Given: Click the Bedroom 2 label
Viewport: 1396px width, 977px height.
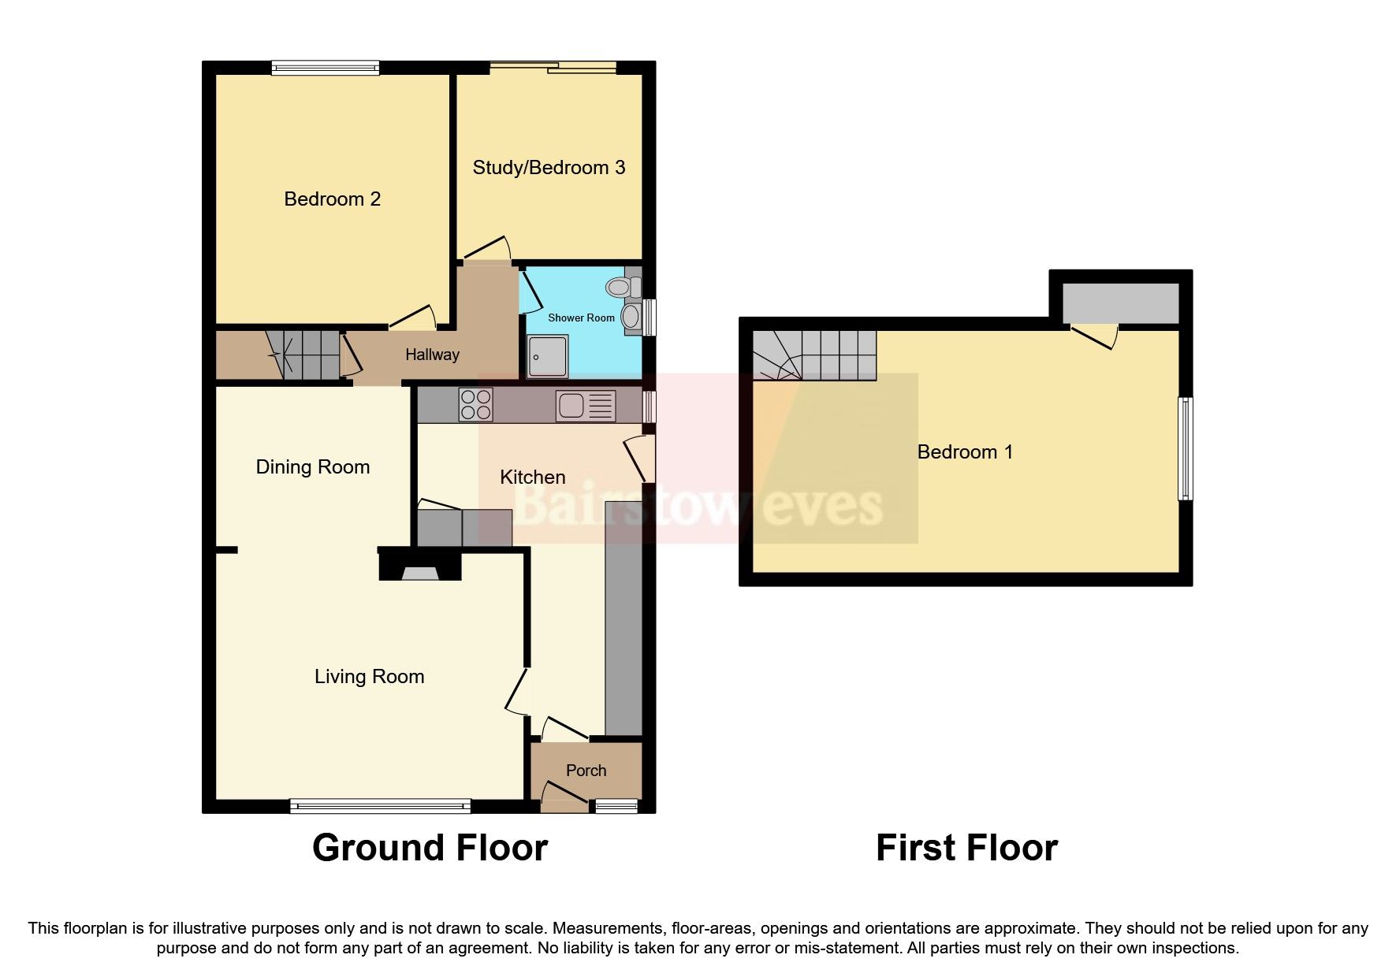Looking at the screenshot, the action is (332, 199).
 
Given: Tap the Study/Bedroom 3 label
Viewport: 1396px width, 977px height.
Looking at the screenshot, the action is (549, 168).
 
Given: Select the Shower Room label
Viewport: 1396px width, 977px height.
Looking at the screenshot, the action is (581, 318).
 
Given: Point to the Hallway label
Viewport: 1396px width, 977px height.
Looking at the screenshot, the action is (432, 355).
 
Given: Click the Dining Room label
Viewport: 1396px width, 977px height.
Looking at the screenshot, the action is (313, 467).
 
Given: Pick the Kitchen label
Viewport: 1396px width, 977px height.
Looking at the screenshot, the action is (533, 477).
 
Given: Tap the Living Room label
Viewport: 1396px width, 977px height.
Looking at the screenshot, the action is (369, 677).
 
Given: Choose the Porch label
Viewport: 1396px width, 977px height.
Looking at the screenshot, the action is (586, 771).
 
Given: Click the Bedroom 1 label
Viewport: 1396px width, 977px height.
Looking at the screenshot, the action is (965, 452).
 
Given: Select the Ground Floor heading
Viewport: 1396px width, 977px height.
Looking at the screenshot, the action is (430, 849).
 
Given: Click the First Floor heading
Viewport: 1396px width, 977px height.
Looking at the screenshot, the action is (966, 849).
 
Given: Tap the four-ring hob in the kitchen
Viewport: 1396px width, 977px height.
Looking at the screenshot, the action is (475, 405).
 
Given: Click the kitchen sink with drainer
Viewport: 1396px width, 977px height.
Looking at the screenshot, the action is (586, 406).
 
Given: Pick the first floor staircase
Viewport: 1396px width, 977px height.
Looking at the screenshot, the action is (814, 355).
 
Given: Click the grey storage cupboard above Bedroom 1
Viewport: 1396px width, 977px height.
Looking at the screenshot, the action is (1120, 303).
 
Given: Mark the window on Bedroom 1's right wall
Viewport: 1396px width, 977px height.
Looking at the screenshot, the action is (1185, 448).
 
